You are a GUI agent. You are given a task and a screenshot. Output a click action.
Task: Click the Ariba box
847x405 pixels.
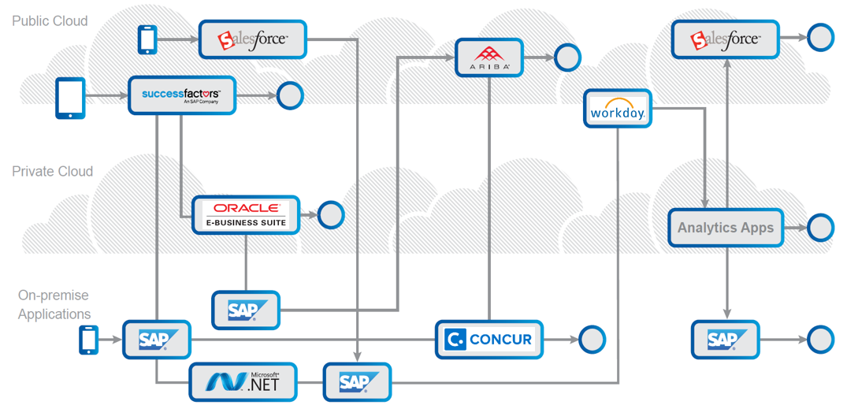[489, 58]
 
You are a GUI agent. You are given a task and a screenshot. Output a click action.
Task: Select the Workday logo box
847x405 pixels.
[618, 109]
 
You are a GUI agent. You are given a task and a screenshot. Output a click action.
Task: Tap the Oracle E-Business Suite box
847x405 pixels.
[247, 214]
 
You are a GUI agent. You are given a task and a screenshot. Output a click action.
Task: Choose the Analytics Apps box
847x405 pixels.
[726, 228]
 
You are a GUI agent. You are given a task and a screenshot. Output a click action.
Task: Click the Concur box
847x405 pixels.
[489, 340]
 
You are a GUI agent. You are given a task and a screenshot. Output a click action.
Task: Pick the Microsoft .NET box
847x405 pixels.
[244, 382]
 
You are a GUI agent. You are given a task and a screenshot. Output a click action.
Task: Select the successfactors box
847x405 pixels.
[182, 95]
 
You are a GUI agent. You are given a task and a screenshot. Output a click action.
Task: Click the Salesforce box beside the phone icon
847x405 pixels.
[253, 39]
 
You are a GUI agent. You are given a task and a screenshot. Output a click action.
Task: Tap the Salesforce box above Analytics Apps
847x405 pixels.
[725, 39]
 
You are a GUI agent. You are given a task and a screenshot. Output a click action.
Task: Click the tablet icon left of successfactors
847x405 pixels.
[70, 98]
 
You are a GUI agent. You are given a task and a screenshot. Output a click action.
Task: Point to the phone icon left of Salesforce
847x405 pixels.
[147, 39]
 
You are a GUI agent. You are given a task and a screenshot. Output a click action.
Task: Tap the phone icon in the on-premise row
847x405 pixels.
[88, 340]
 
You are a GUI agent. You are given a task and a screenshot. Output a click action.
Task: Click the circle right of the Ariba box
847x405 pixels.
[567, 57]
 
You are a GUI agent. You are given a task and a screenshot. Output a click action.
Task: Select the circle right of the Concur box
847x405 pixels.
[592, 340]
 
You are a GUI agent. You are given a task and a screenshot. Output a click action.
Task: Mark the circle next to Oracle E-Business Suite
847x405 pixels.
[331, 214]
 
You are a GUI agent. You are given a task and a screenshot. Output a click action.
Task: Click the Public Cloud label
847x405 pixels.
[50, 21]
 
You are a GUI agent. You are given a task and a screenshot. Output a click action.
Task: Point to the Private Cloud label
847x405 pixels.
[52, 171]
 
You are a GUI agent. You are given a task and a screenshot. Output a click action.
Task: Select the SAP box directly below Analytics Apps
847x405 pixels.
[725, 340]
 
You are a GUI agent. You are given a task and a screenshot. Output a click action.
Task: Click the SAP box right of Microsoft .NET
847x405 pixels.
[357, 382]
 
